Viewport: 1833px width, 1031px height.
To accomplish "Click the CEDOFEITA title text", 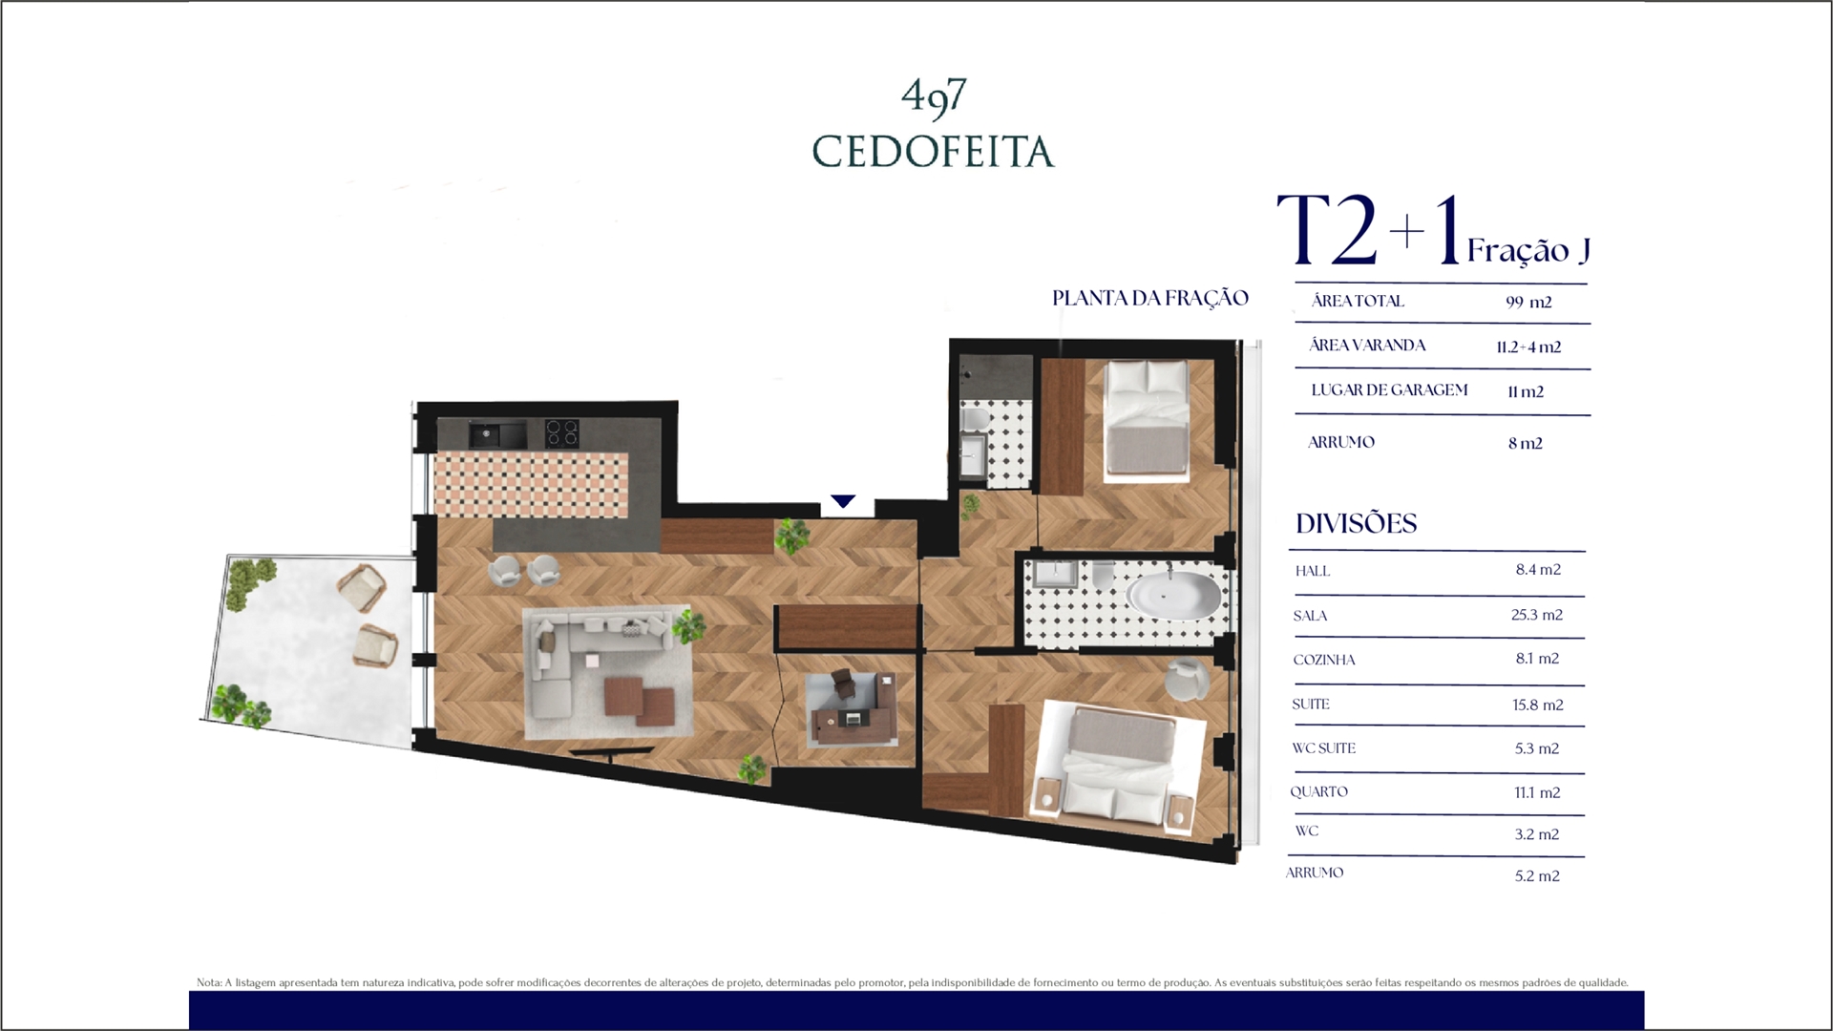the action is [x=933, y=152].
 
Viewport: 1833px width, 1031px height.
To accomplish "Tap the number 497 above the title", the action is [x=934, y=95].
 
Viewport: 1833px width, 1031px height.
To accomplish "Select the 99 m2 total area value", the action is [x=1528, y=302].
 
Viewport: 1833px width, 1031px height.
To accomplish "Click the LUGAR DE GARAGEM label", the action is [x=1389, y=389].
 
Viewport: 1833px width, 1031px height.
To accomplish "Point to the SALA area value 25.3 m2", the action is [x=1537, y=615].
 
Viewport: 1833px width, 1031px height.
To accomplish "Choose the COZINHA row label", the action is [x=1324, y=660].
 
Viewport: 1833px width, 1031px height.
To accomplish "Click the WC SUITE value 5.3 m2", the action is [x=1537, y=748].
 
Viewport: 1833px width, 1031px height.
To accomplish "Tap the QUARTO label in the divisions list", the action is [x=1318, y=791].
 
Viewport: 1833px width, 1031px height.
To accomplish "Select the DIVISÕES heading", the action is [x=1356, y=523].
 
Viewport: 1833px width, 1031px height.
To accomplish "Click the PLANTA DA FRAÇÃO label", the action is [x=1150, y=298].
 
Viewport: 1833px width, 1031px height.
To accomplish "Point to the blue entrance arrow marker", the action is [x=843, y=501].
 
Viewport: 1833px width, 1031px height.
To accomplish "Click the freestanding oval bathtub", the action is [x=1173, y=597].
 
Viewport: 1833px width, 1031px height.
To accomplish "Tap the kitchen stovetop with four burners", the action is [x=562, y=433].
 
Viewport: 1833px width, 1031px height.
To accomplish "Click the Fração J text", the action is [x=1528, y=250].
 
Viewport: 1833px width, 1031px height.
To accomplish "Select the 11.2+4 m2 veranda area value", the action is [x=1528, y=347].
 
